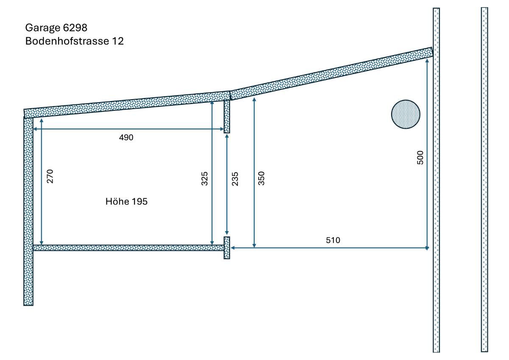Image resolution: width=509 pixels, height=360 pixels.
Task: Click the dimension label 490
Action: tap(126, 138)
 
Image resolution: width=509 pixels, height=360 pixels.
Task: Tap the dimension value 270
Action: tap(50, 176)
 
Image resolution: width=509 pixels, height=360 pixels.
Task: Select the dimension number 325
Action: tap(204, 179)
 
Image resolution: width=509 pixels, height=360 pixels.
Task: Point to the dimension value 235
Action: tap(235, 179)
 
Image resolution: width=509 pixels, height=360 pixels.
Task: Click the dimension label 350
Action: tap(261, 179)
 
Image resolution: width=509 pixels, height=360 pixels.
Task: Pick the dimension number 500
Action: tap(420, 157)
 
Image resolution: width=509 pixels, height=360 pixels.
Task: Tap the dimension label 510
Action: tap(333, 240)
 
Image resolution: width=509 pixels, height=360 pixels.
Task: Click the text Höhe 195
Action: tap(126, 202)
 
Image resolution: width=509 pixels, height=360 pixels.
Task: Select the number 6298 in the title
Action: tap(75, 28)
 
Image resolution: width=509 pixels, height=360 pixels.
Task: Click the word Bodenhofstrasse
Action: tap(67, 41)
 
